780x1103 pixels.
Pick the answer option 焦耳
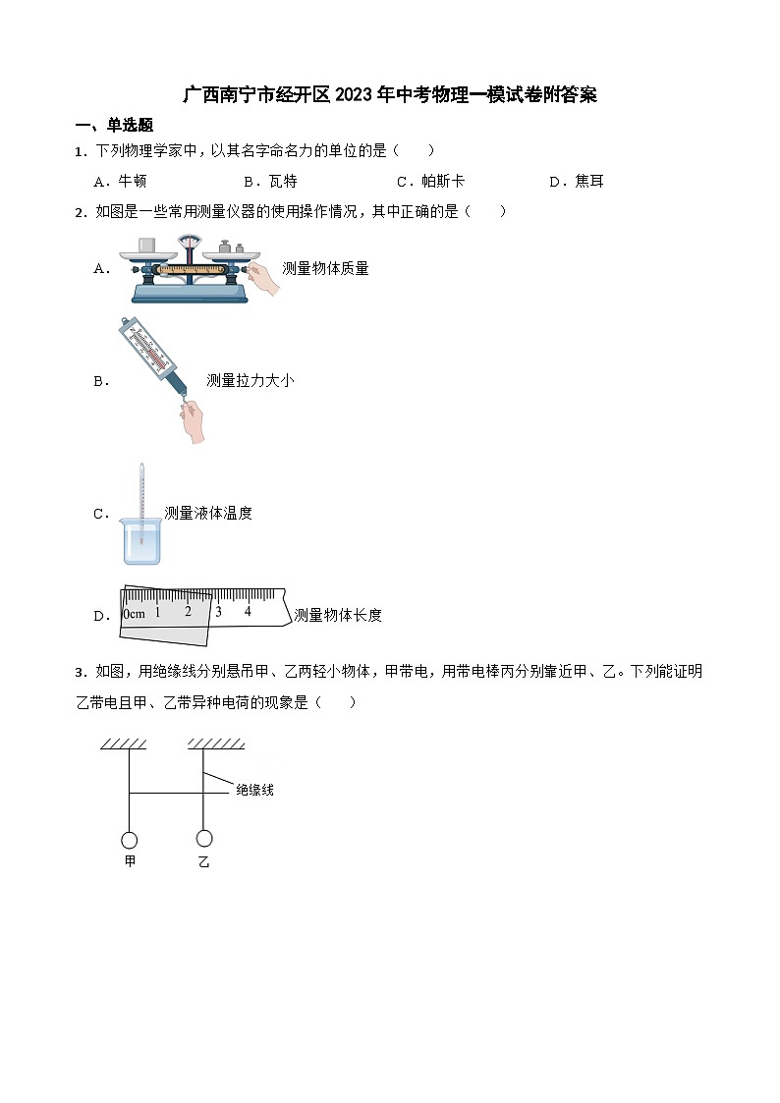pos(589,181)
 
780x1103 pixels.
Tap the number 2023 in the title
pos(354,95)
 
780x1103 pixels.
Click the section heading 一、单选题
pos(114,125)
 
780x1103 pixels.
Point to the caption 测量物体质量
pos(325,268)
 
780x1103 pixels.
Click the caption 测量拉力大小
pos(250,380)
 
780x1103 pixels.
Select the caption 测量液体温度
pos(208,513)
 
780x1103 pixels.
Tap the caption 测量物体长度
pos(338,615)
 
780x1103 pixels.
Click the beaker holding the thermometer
pos(141,540)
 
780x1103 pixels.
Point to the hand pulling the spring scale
pos(193,420)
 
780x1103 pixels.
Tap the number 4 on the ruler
pos(248,611)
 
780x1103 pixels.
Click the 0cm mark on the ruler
pos(133,614)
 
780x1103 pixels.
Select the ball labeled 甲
pos(129,840)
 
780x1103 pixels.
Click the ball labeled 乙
pos(204,838)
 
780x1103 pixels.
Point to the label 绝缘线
pos(254,790)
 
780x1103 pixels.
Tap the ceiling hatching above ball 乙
pos(215,744)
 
